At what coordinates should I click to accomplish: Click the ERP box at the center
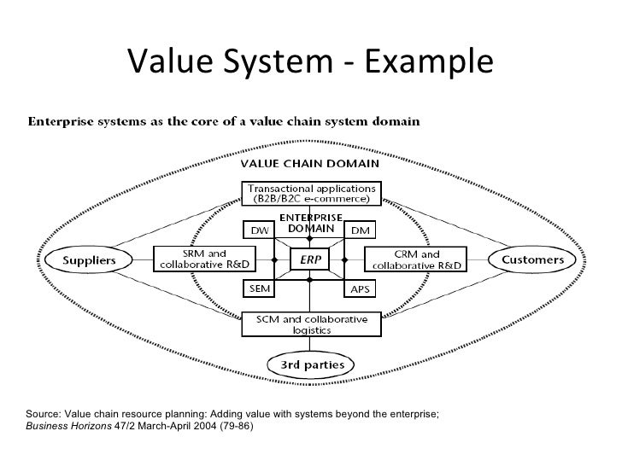tap(311, 259)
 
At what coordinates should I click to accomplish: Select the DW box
tap(258, 230)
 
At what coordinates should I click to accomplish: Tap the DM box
tap(360, 230)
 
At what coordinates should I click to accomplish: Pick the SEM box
tap(258, 289)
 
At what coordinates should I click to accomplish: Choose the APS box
tap(360, 289)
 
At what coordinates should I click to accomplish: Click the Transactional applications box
tap(310, 194)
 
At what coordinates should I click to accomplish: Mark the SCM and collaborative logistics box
tap(310, 325)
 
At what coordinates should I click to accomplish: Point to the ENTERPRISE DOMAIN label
tap(310, 224)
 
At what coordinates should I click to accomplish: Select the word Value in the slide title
tap(170, 61)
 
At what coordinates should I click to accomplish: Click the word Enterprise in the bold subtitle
tap(64, 121)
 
